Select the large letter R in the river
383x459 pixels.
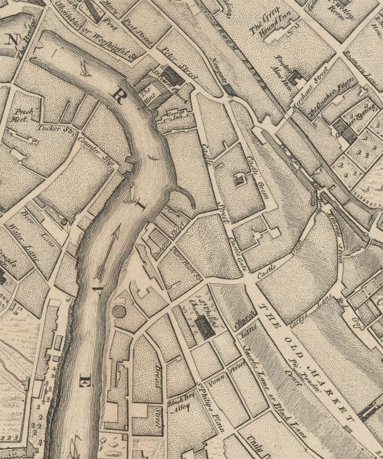(x=119, y=97)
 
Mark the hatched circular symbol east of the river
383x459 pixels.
(x=119, y=312)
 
